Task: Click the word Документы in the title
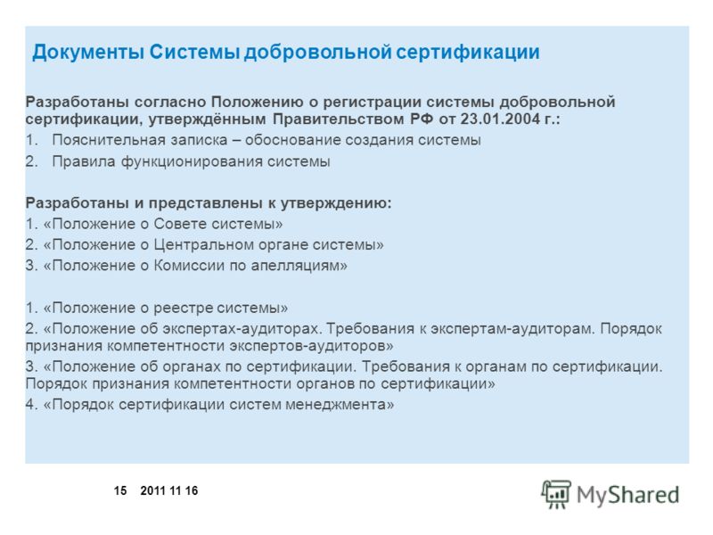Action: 88,53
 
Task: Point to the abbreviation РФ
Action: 422,119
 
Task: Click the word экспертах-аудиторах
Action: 240,329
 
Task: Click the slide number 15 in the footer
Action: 120,491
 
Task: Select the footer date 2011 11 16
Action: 169,491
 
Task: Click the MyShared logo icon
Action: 555,494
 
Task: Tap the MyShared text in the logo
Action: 628,495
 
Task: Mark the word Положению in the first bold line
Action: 258,102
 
